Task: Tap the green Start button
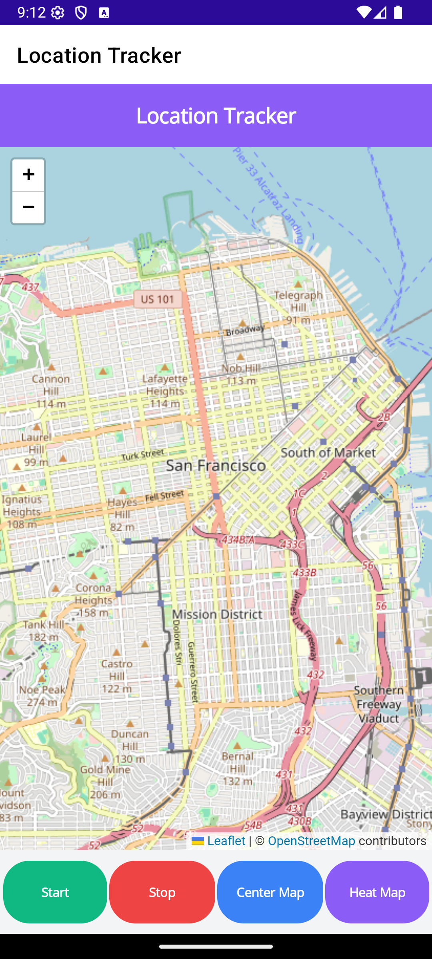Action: (x=55, y=892)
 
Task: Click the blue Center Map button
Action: (x=270, y=892)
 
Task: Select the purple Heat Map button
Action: (x=377, y=892)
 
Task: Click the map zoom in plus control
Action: (x=28, y=175)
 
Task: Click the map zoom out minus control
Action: (x=28, y=207)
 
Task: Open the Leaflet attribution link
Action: (x=226, y=841)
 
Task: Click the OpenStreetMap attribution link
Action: (x=311, y=841)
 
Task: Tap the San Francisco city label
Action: (x=216, y=466)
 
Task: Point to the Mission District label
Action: (x=218, y=615)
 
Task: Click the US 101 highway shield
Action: (x=158, y=299)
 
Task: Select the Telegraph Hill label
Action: (x=298, y=301)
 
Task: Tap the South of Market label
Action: (x=328, y=453)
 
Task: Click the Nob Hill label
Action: (x=241, y=368)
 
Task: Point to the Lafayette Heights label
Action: (x=164, y=385)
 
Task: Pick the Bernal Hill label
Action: (x=238, y=762)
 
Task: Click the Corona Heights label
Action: (x=93, y=594)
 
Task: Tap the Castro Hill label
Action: (x=117, y=670)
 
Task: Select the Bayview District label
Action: (x=386, y=814)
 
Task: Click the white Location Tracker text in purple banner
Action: (x=216, y=115)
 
